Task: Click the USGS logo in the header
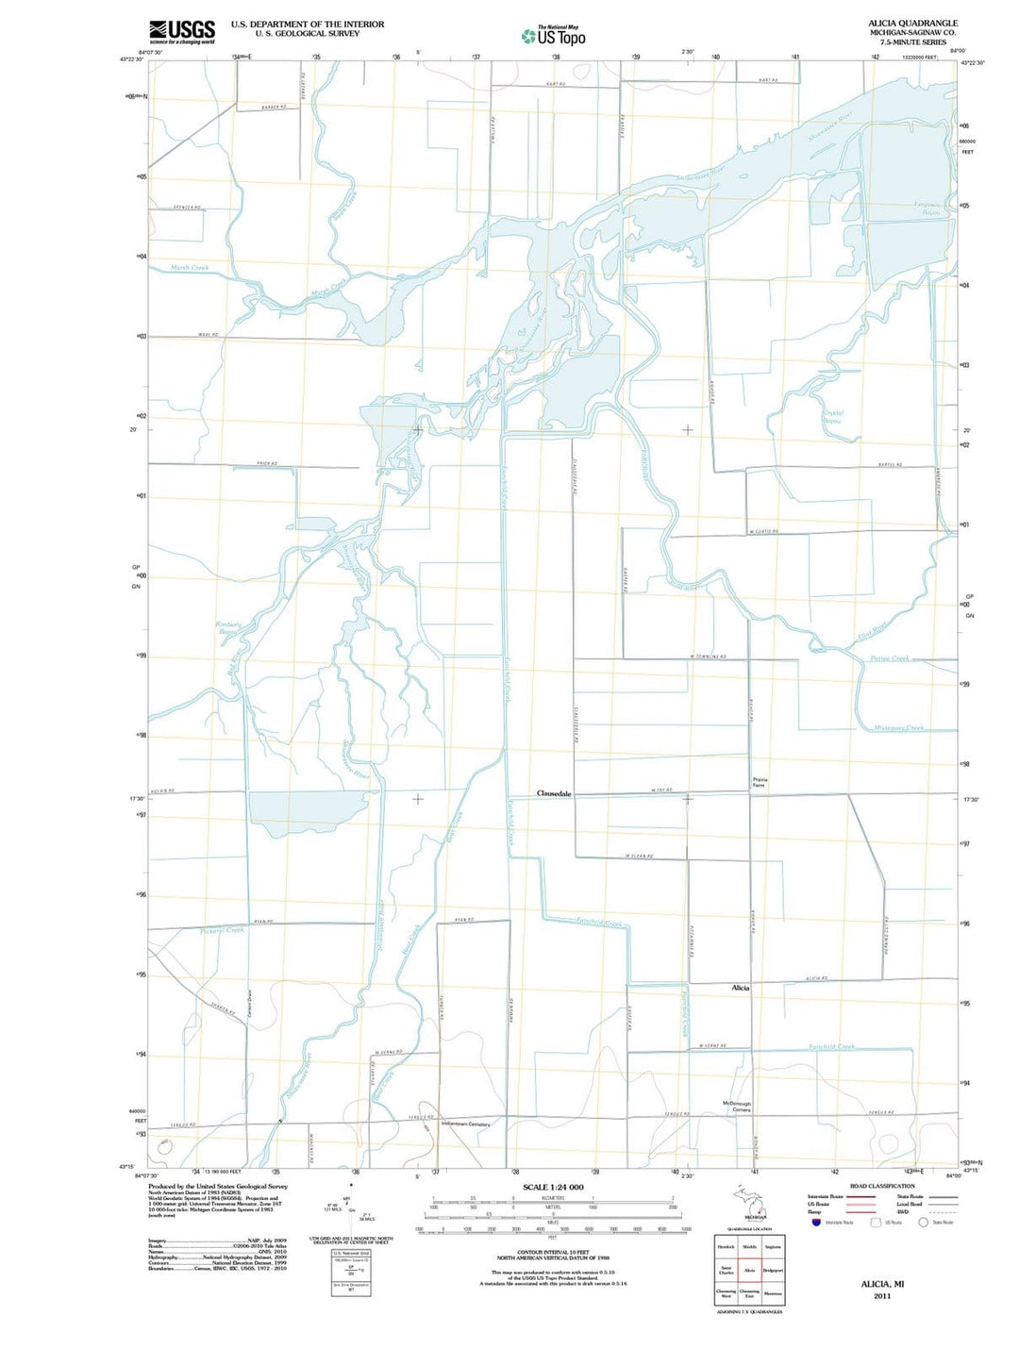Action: [x=181, y=31]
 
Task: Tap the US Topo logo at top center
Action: [x=554, y=36]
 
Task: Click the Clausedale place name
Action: [x=554, y=793]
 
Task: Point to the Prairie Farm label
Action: [x=760, y=782]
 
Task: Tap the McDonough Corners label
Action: [x=736, y=1107]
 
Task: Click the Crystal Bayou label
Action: [x=832, y=416]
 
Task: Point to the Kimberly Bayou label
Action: [x=229, y=628]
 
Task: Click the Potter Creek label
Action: [x=890, y=658]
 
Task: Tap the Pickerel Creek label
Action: [x=222, y=930]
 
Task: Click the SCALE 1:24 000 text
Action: [x=553, y=1187]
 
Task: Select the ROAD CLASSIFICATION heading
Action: [x=882, y=1186]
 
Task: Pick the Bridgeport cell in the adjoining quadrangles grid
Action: [x=773, y=1270]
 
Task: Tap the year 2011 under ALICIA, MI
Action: [x=881, y=1295]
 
